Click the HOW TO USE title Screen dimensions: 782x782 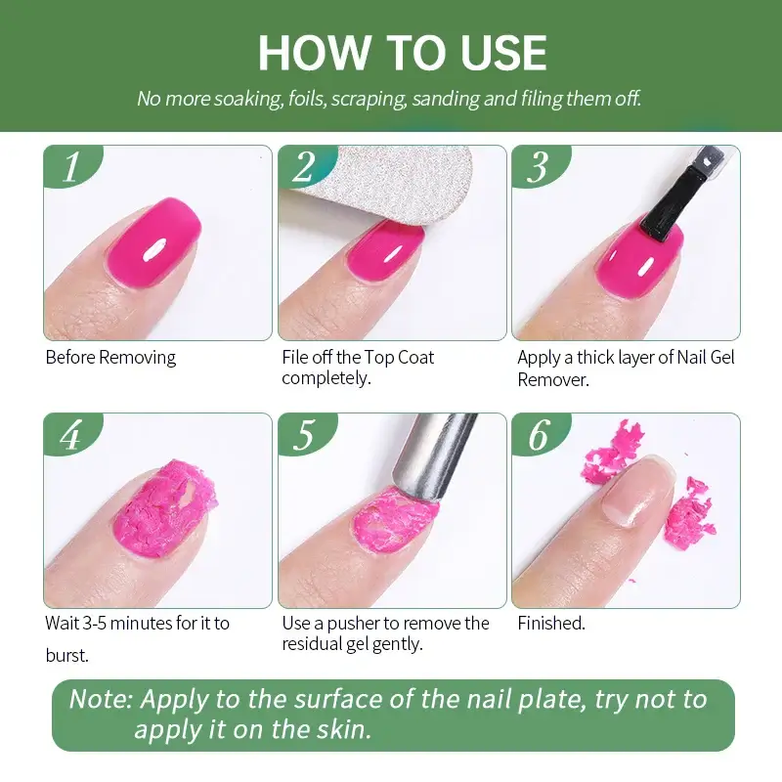[402, 53]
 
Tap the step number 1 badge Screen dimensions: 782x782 [70, 167]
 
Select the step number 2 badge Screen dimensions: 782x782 [304, 167]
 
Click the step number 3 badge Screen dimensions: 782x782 [538, 167]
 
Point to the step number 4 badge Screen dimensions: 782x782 [70, 435]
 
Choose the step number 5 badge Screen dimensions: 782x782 [304, 435]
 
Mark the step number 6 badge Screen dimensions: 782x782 [538, 435]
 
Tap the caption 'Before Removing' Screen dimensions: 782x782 [110, 358]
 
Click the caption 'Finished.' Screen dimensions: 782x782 [551, 624]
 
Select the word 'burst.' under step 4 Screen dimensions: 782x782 [66, 656]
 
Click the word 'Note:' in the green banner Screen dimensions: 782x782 [102, 700]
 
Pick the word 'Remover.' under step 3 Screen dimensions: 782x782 [553, 379]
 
